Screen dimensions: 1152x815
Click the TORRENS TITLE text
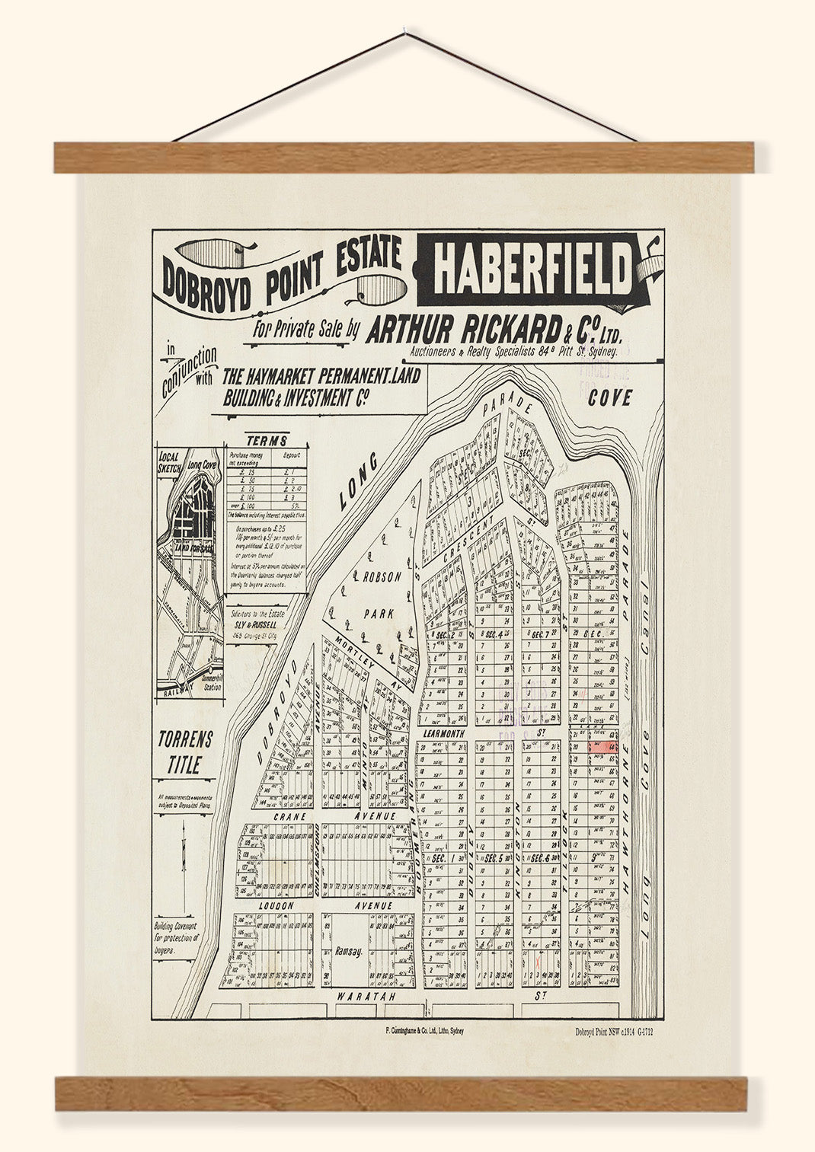pos(184,752)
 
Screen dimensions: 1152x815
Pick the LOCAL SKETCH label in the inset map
pos(168,463)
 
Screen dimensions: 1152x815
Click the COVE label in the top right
pos(609,397)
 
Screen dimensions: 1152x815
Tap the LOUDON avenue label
pos(276,906)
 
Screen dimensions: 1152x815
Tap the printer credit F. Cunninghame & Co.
pos(424,1030)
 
